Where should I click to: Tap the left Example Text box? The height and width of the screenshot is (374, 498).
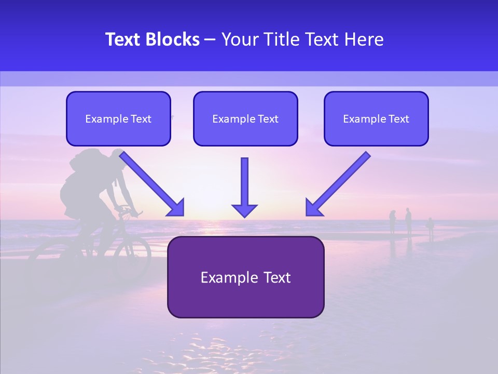tap(118, 119)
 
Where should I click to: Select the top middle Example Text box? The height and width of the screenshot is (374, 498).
tap(245, 119)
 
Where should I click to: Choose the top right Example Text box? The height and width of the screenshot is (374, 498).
tap(376, 119)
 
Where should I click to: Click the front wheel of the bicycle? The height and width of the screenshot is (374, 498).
tap(133, 258)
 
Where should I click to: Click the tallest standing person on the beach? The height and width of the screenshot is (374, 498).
tap(408, 221)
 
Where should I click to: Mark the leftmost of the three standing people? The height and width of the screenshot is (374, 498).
tap(393, 222)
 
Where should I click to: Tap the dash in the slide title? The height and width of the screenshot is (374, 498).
tap(210, 39)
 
